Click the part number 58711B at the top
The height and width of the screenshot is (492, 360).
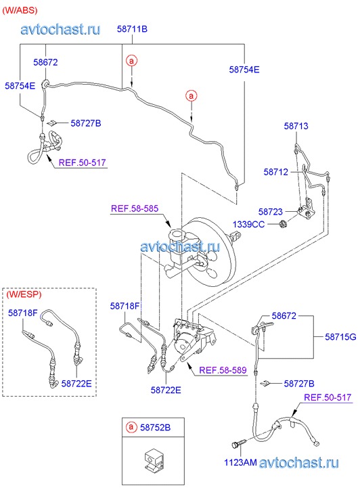point(132,29)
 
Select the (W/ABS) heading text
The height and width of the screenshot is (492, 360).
point(20,10)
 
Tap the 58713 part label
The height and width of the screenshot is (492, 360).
point(296,126)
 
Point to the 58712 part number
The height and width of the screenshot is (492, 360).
point(276,172)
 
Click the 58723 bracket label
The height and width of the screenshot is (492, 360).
point(271,211)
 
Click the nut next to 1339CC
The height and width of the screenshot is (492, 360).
point(282,225)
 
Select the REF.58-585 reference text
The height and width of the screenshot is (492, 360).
point(135,208)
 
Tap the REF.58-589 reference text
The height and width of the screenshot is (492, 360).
point(223,370)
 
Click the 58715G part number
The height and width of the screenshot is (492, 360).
point(340,336)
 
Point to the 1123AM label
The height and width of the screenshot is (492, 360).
point(240,462)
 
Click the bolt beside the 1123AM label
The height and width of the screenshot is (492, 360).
point(239,443)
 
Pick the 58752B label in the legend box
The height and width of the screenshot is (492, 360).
point(156,427)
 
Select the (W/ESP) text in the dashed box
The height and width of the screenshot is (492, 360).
point(24,294)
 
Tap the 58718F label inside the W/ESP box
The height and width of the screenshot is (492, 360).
point(23,313)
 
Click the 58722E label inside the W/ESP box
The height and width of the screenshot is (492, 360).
point(76,383)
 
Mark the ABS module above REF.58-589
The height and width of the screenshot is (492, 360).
point(192,339)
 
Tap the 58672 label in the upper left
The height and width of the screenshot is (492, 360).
point(45,62)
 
